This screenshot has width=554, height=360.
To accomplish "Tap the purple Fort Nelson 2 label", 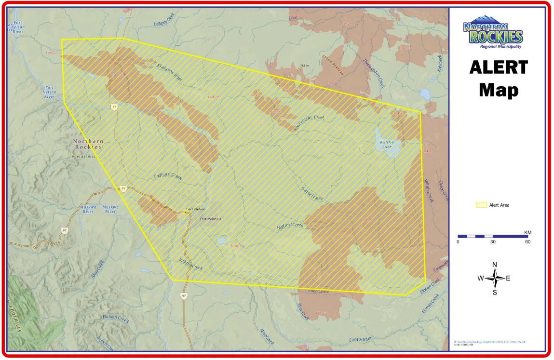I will [x=211, y=219].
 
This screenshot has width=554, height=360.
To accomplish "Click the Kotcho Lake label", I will [x=387, y=144].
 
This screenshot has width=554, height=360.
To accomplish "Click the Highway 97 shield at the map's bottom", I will [x=184, y=295].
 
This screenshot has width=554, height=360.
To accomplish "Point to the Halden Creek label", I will [x=116, y=318].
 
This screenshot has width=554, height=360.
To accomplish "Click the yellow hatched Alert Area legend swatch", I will [x=481, y=205].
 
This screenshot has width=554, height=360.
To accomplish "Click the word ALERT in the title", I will [x=499, y=67].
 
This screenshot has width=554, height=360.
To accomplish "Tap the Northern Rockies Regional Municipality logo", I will [x=493, y=35].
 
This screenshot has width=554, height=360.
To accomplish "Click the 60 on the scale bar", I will [x=527, y=242].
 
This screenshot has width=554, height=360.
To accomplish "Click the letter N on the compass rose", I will [x=494, y=265].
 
